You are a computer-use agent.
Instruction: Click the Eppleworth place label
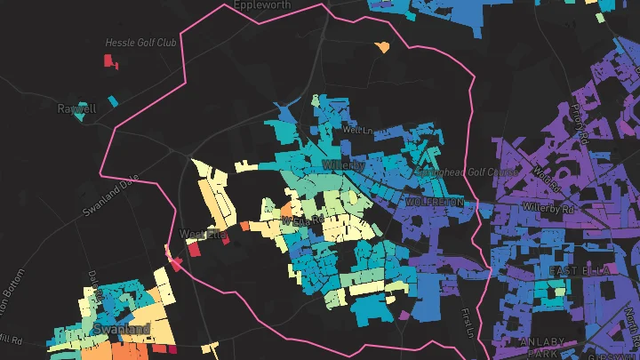263,4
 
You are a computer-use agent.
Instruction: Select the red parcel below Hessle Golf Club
111,61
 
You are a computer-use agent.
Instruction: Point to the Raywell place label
76,108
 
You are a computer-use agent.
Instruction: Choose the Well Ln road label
355,130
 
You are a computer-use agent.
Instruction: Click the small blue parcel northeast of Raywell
112,101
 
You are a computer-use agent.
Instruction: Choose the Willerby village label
343,165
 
